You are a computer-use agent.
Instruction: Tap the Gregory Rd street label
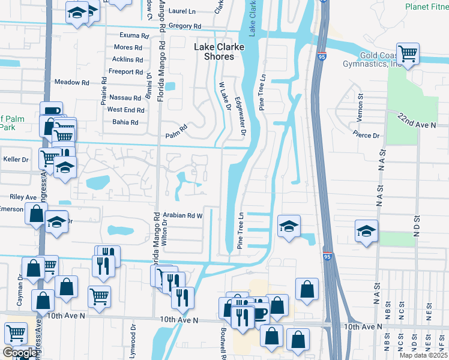click(184, 26)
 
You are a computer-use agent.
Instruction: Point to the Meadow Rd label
click(71, 82)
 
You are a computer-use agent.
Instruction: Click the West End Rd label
click(125, 110)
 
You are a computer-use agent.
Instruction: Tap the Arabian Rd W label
click(185, 215)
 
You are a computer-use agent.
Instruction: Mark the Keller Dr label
click(16, 160)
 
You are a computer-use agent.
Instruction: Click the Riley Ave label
click(23, 197)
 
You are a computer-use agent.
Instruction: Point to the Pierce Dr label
click(366, 134)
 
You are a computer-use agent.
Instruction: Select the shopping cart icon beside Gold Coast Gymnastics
click(408, 54)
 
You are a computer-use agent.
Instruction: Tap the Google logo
click(19, 353)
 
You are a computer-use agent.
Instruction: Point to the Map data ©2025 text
click(423, 355)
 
